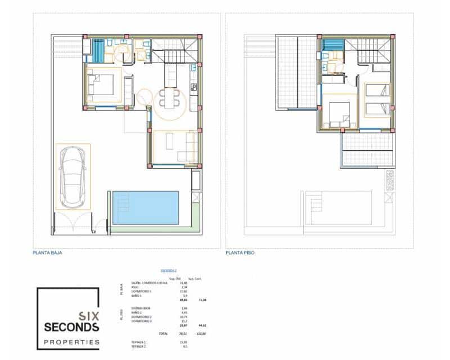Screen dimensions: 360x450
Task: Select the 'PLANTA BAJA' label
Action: click(x=47, y=253)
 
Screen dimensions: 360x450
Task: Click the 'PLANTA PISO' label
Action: click(x=240, y=253)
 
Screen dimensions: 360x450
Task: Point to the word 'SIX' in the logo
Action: click(x=90, y=316)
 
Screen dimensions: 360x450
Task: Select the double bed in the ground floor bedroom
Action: click(x=102, y=85)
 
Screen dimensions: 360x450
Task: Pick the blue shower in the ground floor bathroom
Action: click(x=98, y=50)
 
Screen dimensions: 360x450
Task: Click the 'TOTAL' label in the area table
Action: click(x=163, y=334)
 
